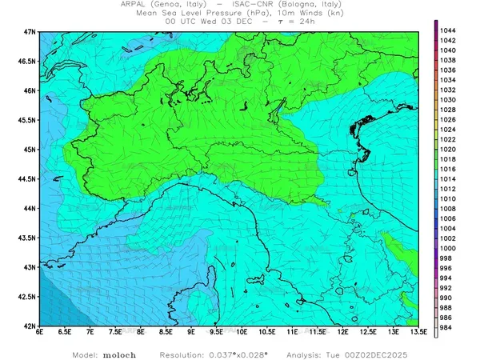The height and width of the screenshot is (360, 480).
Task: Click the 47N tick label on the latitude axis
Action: click(x=30, y=31)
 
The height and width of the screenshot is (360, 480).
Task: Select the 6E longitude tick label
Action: click(x=39, y=332)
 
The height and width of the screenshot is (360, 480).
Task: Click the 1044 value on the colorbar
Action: click(x=448, y=30)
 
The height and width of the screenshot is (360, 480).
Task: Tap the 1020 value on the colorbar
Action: click(x=448, y=149)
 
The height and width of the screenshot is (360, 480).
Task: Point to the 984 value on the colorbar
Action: click(x=448, y=328)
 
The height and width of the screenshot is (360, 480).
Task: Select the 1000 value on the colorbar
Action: click(x=448, y=248)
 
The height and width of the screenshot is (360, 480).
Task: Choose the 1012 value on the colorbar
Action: click(x=448, y=189)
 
